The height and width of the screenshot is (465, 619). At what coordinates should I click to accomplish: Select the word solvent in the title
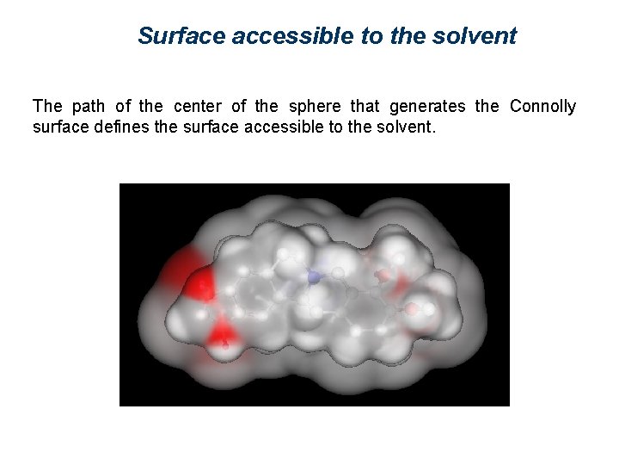click(479, 36)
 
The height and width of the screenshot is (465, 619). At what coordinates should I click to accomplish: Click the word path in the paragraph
click(89, 107)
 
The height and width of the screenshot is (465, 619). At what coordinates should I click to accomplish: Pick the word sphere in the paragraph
click(315, 107)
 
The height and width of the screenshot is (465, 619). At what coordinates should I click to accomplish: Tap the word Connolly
click(542, 107)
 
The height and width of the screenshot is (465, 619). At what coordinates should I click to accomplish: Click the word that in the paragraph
click(365, 107)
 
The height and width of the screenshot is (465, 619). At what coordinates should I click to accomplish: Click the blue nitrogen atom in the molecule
click(315, 277)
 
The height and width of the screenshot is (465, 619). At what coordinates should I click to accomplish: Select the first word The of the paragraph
click(47, 107)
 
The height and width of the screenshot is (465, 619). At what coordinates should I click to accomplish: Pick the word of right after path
click(123, 107)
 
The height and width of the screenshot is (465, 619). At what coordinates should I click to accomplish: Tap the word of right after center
click(239, 107)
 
